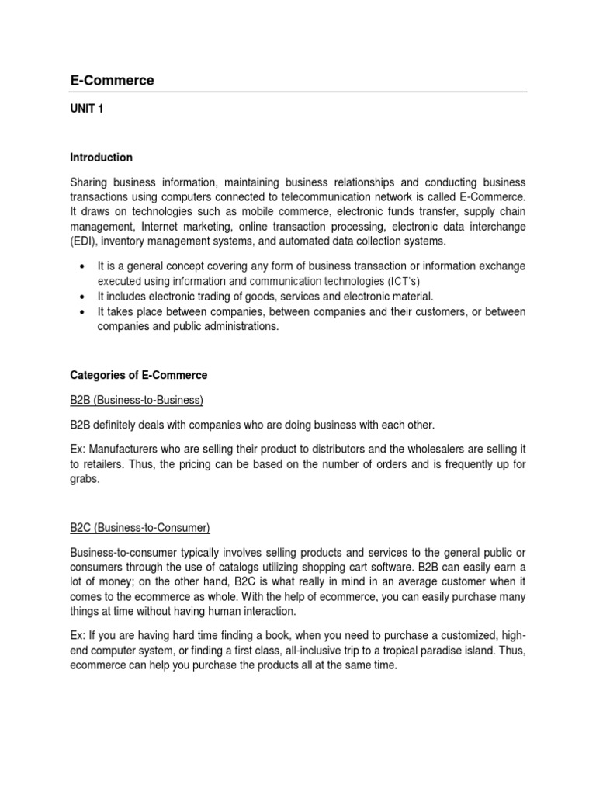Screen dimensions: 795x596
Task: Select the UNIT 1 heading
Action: pos(86,109)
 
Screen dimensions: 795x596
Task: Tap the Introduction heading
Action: pos(101,158)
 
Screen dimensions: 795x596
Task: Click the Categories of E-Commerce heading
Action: pos(139,375)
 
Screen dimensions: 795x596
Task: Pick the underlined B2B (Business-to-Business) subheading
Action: pos(136,400)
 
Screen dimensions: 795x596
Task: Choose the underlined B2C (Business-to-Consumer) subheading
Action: pos(140,528)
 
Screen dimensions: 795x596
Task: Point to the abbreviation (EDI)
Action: pos(82,241)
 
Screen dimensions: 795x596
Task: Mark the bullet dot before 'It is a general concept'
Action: pos(82,266)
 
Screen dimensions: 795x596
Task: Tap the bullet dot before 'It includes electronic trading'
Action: pos(82,297)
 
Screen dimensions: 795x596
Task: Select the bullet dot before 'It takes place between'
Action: pos(82,312)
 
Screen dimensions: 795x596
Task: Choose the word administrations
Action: pos(237,327)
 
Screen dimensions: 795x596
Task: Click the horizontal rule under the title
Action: pos(298,92)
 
